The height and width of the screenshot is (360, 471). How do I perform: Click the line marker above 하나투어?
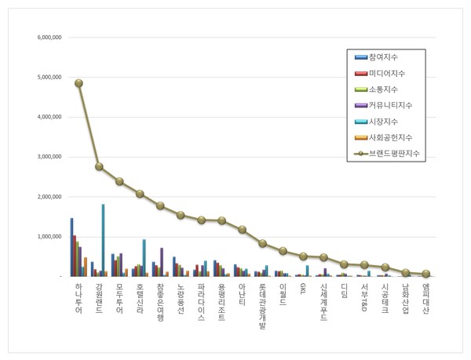[78, 82]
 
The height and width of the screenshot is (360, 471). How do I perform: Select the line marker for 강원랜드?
[99, 166]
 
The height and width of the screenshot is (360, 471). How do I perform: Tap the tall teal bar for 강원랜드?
[103, 240]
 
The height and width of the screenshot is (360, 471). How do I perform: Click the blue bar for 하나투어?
[71, 247]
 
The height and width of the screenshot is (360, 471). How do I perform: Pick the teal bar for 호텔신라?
[144, 257]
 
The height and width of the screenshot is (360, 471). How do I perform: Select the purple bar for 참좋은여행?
[162, 262]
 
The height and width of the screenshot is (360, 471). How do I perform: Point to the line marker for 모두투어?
[119, 181]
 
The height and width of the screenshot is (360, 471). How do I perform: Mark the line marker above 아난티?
[242, 229]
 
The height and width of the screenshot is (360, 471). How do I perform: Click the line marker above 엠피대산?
[425, 274]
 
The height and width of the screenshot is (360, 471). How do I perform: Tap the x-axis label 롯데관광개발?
[262, 310]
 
